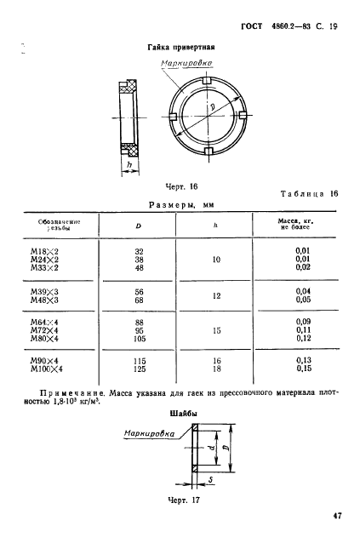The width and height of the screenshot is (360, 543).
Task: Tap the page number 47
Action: point(337,514)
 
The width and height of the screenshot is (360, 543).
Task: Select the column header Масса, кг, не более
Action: point(296,225)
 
